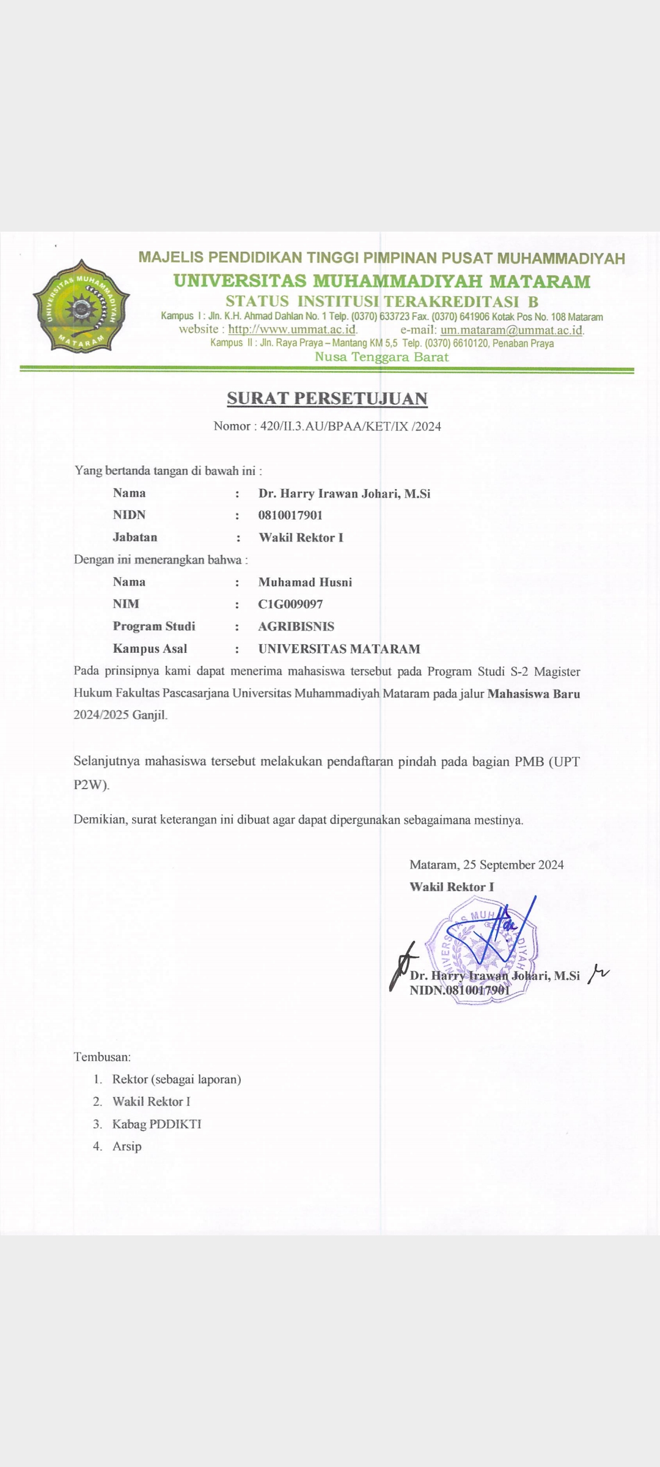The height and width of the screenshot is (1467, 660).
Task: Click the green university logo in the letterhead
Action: click(81, 306)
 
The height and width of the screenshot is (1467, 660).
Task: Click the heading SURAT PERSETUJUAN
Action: click(327, 399)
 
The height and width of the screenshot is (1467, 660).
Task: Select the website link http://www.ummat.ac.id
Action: click(292, 329)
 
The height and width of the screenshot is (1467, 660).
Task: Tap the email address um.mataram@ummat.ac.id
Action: click(512, 330)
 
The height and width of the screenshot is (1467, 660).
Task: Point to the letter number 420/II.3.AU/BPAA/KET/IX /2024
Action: click(350, 427)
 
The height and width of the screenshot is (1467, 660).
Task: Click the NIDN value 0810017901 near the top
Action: click(290, 515)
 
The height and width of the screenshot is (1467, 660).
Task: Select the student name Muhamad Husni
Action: click(305, 582)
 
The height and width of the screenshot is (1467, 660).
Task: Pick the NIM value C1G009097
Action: click(290, 604)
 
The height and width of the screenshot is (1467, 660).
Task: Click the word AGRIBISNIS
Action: click(296, 627)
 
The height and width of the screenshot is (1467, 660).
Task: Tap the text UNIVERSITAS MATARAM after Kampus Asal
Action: click(339, 649)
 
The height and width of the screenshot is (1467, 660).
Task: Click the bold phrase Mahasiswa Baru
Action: click(533, 694)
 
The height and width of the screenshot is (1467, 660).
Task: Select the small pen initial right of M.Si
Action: click(598, 974)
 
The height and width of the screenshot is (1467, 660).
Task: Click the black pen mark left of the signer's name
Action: click(402, 966)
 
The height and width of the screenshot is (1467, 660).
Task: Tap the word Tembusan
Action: click(102, 1057)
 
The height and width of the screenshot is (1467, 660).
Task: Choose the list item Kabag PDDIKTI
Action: click(156, 1124)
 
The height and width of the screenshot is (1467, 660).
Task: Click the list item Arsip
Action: click(127, 1147)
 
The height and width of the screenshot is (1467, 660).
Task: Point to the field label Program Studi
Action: click(154, 627)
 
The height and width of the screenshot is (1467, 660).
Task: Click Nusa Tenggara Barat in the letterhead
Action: click(381, 358)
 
